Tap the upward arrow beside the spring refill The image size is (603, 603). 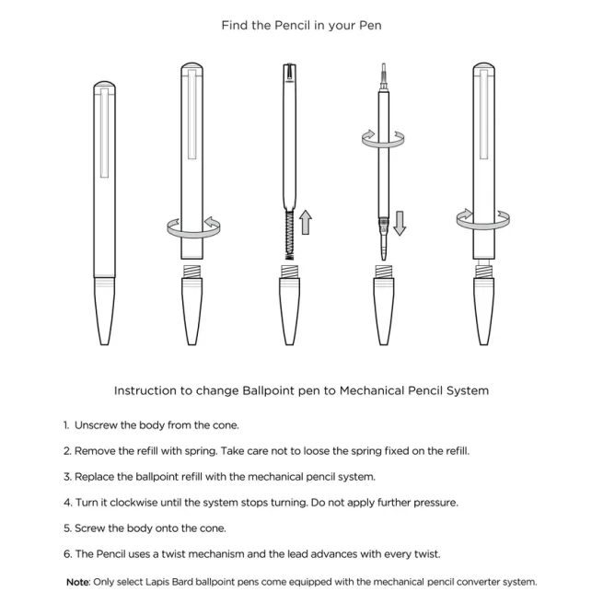pos(306,222)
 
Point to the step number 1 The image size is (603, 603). pos(65,425)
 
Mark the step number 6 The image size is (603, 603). pos(66,554)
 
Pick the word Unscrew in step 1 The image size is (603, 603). pos(96,425)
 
